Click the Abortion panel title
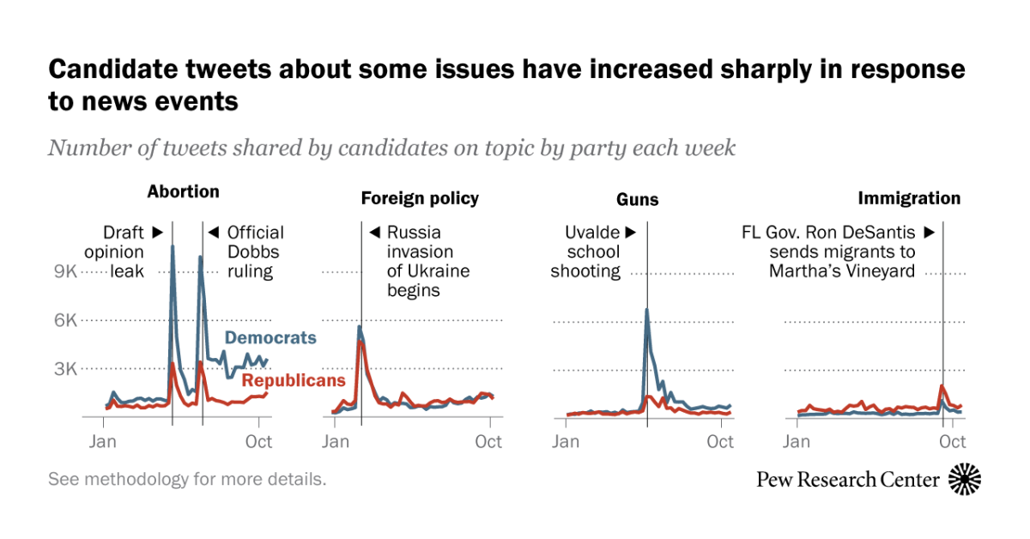tap(183, 191)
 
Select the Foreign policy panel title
tap(420, 199)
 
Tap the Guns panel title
tap(638, 200)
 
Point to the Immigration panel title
tap(909, 199)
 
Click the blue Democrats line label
tap(270, 338)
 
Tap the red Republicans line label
tap(294, 380)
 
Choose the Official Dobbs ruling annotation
tap(249, 251)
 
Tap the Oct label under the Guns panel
tap(720, 442)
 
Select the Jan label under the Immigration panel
tap(797, 442)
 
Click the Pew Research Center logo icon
tap(965, 479)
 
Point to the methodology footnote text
tap(187, 479)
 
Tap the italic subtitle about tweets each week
tap(391, 148)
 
